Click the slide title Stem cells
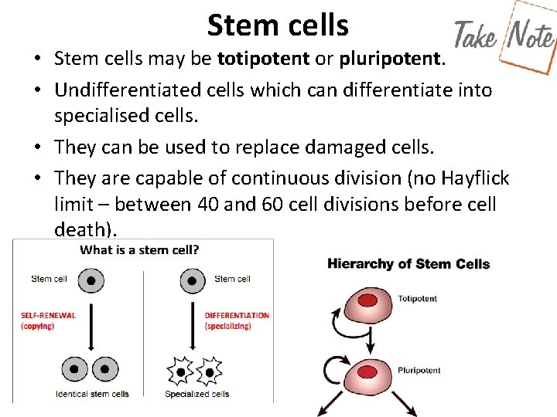click(x=278, y=25)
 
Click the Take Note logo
click(x=504, y=35)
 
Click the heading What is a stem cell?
click(x=140, y=249)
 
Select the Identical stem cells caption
click(x=92, y=394)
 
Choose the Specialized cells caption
click(x=196, y=394)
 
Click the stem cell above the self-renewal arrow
click(x=91, y=280)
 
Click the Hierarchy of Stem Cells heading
click(x=408, y=264)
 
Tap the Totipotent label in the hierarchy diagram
click(x=417, y=299)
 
